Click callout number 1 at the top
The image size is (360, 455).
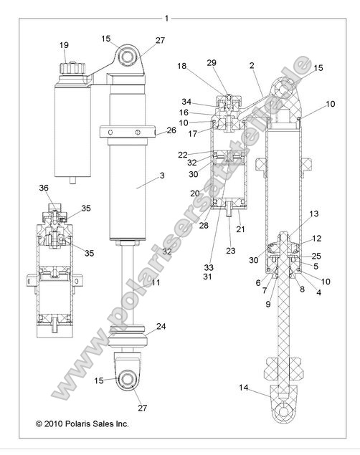(166, 17)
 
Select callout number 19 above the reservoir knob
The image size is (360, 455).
(64, 45)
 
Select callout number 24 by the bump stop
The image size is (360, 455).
(161, 326)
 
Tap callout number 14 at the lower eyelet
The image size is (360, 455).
(245, 388)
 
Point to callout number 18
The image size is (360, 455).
(182, 65)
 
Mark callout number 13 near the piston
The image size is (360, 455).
(313, 214)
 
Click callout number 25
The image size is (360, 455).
(317, 256)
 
